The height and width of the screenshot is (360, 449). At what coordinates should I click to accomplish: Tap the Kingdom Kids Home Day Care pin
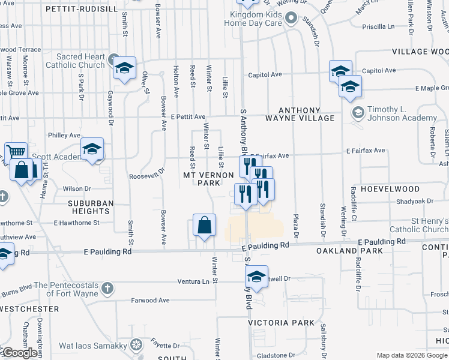(x=291, y=18)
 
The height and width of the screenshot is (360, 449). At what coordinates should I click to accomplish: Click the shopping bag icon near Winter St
(x=205, y=226)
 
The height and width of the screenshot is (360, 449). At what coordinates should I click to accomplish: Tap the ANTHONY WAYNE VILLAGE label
(x=306, y=114)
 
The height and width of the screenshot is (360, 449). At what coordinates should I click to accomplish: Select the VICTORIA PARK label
(x=281, y=323)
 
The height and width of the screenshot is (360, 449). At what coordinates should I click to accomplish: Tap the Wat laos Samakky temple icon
(x=137, y=345)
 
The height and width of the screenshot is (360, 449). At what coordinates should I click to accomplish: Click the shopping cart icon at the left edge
(x=15, y=151)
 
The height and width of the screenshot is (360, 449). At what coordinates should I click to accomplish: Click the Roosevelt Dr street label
(x=146, y=177)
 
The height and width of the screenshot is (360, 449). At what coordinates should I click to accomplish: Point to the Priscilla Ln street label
(x=378, y=26)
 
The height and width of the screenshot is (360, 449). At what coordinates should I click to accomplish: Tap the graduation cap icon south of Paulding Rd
(x=256, y=277)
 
